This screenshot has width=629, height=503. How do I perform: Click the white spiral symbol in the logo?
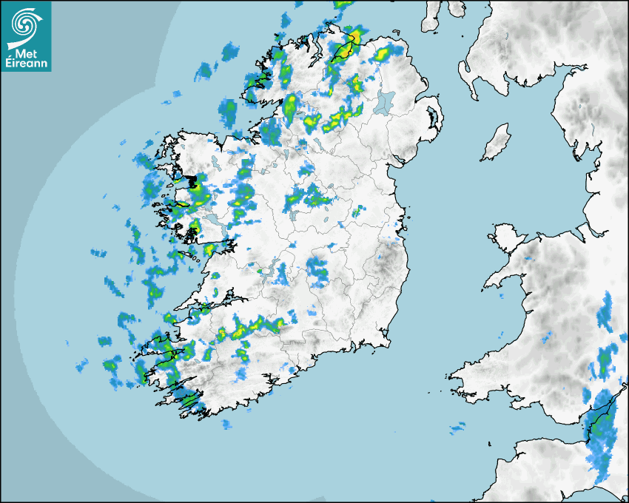[26, 25]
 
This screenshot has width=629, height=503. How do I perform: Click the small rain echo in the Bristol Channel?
[458, 426]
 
